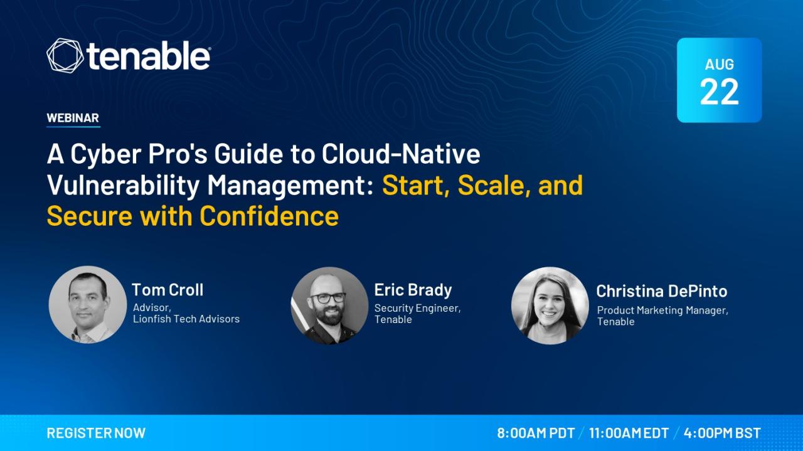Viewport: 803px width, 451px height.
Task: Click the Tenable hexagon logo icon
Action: coord(65,56)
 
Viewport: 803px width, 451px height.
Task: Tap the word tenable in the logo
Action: coord(147,55)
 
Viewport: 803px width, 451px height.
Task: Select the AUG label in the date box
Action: coord(719,65)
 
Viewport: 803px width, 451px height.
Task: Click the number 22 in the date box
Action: coord(719,92)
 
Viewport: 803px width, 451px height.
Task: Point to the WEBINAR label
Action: coord(73,118)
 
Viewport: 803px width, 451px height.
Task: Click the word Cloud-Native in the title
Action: coord(401,154)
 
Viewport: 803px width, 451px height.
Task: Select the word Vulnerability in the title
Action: coord(123,186)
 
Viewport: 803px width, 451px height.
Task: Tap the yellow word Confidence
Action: coord(269,216)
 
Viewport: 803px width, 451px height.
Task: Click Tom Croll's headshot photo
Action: coord(88,305)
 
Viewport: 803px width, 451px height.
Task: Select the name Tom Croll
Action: coord(168,290)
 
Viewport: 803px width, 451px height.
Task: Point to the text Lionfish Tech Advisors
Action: coord(186,319)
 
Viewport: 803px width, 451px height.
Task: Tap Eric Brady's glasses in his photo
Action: coord(327,298)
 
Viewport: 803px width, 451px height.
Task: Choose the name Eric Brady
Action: coord(413,290)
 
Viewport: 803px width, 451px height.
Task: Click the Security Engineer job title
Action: coord(417,308)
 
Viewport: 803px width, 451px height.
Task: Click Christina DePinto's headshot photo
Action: coord(550,305)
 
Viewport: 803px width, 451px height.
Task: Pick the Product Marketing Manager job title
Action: coord(662,310)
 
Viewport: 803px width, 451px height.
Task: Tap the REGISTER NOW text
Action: coord(96,433)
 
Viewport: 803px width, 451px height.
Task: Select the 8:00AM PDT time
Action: coord(536,433)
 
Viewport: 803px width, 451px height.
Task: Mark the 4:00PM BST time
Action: coord(722,433)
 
